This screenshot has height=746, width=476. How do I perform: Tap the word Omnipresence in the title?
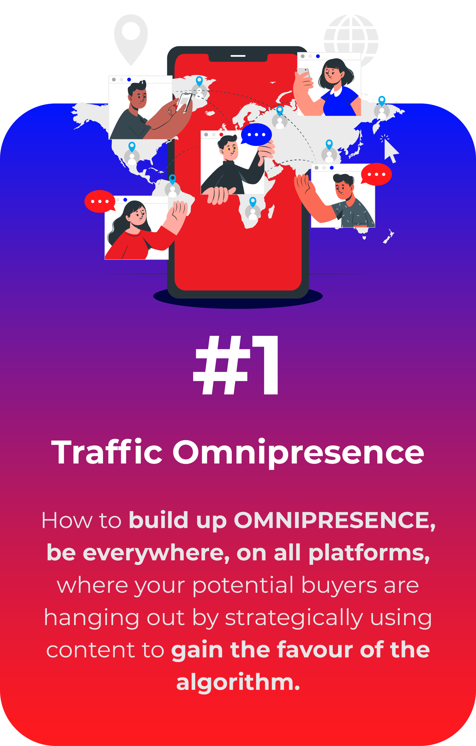click(298, 454)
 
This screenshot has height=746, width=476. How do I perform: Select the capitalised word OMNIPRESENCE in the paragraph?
click(335, 520)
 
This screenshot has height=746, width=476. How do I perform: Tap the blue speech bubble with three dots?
click(256, 135)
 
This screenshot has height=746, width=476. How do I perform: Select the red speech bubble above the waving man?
click(376, 174)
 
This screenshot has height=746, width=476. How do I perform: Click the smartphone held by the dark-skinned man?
click(184, 102)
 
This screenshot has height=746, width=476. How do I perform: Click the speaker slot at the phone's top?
click(238, 56)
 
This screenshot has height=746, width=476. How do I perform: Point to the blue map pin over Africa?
click(253, 202)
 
